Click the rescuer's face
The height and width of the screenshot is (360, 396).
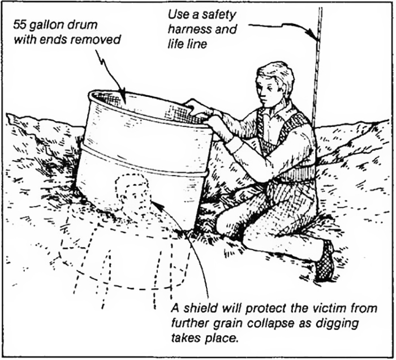click(270, 94)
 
